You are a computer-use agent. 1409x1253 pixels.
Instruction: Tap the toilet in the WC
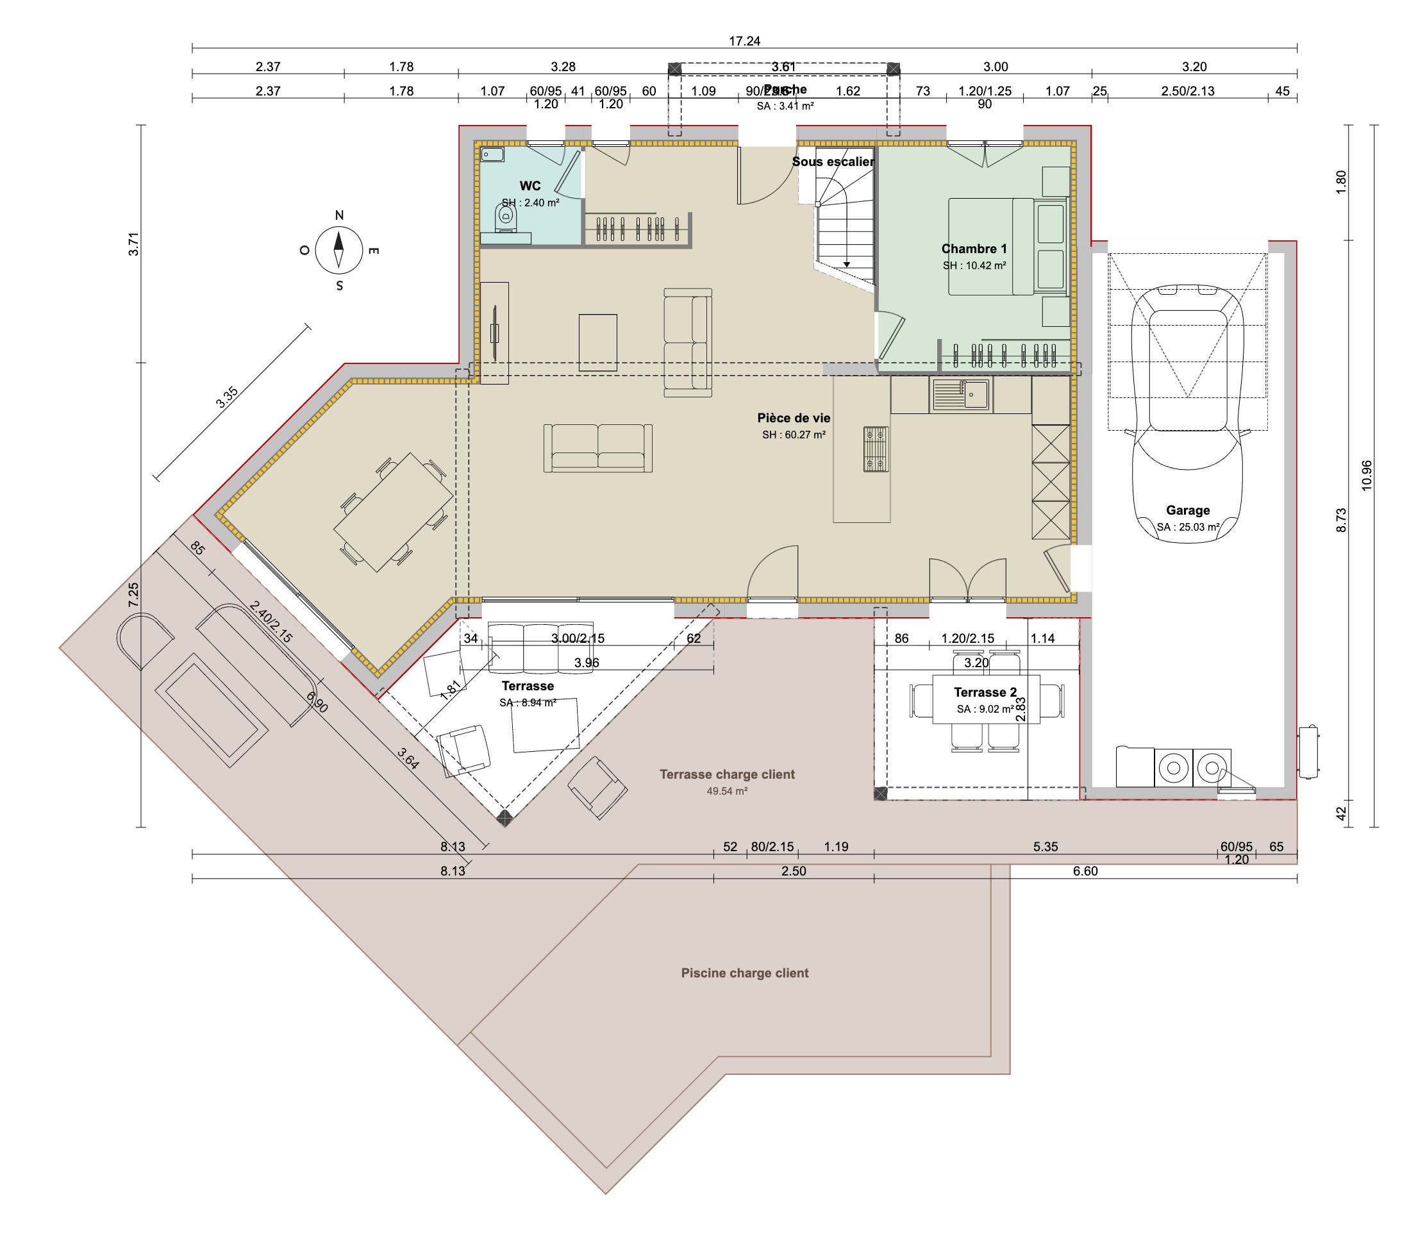(x=505, y=218)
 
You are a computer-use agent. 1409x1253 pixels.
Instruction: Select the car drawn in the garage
(x=1187, y=413)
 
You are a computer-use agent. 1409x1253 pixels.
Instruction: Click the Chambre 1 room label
(x=973, y=249)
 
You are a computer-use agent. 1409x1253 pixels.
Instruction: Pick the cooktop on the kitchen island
(x=876, y=449)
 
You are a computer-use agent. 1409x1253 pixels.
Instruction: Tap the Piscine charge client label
(x=744, y=972)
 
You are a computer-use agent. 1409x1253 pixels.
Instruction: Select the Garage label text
(x=1187, y=510)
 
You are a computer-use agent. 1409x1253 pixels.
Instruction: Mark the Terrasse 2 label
(x=985, y=692)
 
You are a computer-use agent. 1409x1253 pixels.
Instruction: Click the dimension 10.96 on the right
(x=1366, y=476)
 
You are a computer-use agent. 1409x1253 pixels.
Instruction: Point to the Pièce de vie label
(x=793, y=418)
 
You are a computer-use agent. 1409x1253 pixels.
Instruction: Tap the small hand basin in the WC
(x=492, y=154)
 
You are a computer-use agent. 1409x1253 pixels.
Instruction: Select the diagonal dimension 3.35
(x=227, y=397)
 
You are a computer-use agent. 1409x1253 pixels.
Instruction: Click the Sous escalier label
(x=832, y=162)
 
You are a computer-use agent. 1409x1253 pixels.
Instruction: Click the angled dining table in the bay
(x=393, y=512)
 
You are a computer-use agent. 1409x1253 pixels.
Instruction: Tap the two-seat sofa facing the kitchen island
(x=597, y=449)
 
